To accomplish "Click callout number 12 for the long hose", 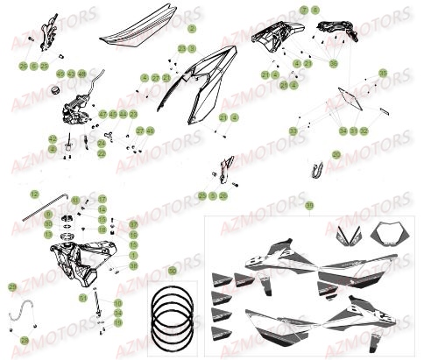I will coord(33,194).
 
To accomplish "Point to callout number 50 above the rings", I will coord(172,272).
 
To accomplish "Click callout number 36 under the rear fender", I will coord(333,63).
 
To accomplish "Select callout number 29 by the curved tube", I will coord(11,287).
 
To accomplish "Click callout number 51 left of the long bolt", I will coord(82,298).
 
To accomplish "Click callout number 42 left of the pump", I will coord(52,138).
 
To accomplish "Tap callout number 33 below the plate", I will coord(292,130).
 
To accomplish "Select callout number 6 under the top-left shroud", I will coord(33,66).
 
